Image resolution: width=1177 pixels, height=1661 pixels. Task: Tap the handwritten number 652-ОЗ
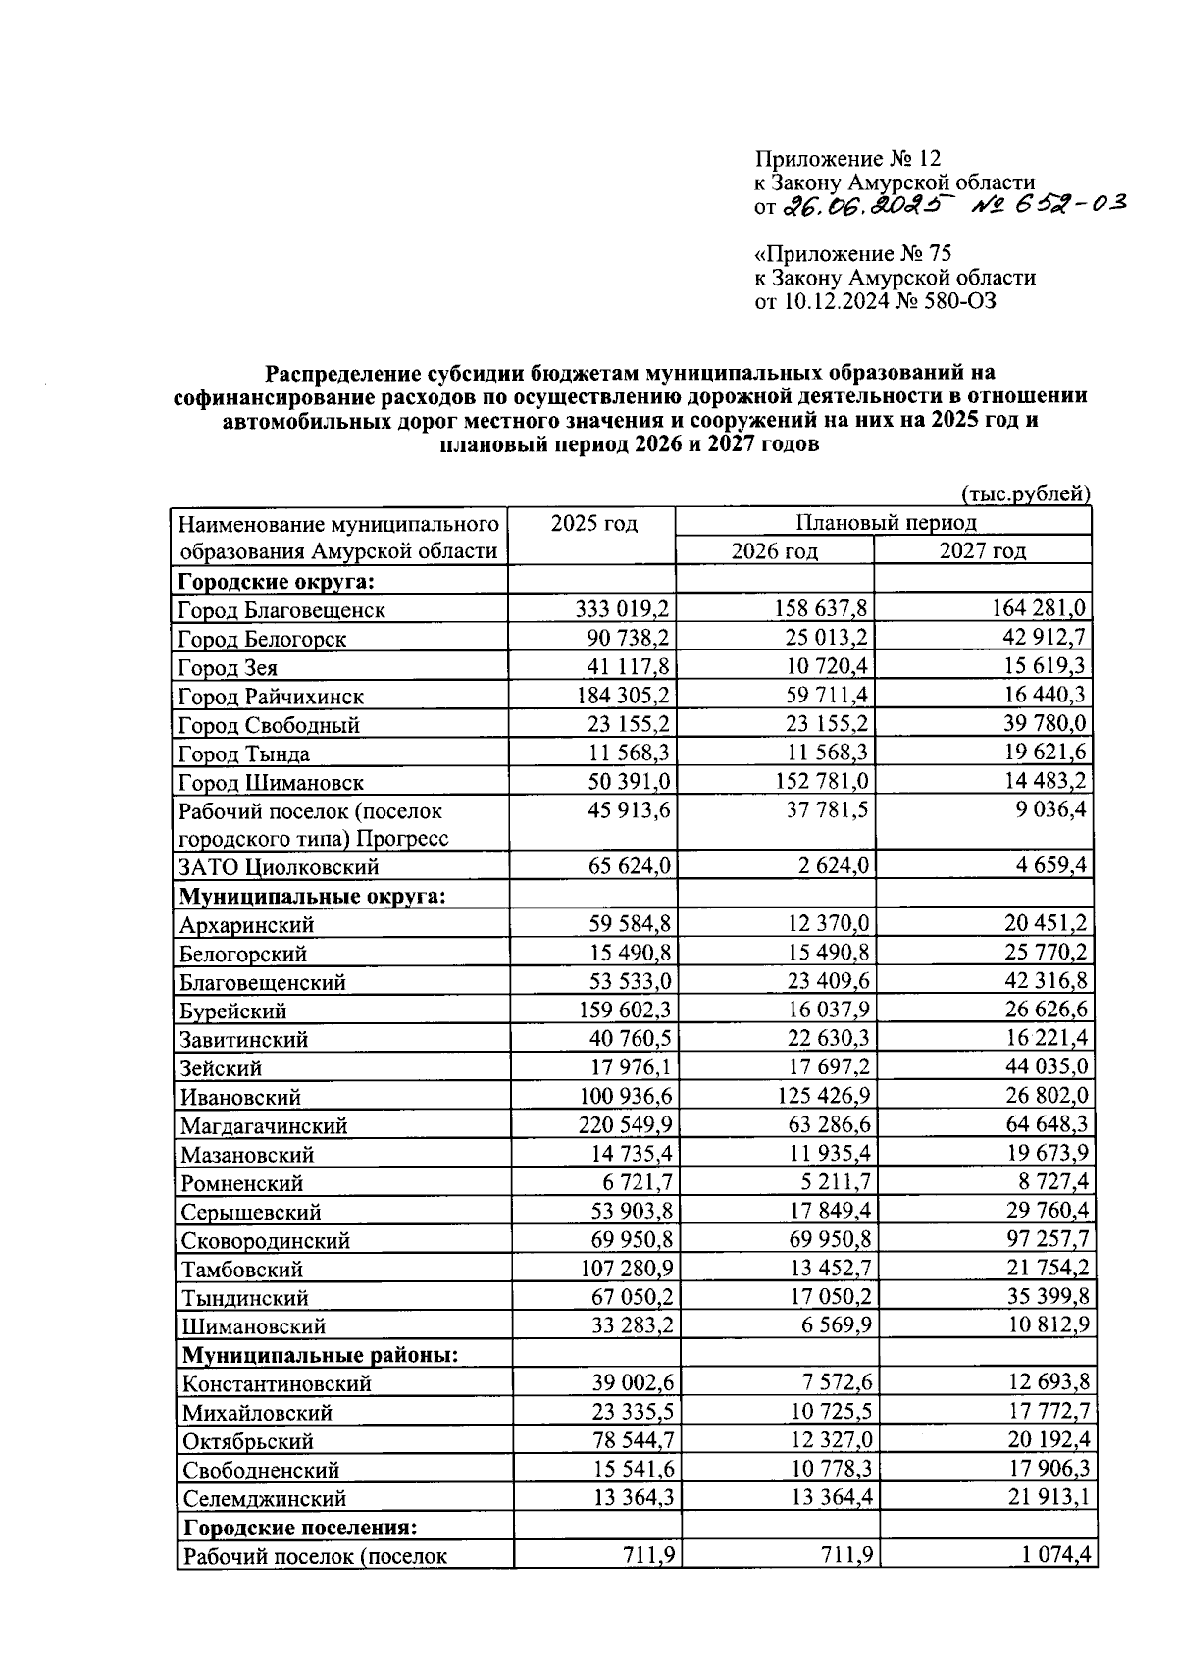[1049, 203]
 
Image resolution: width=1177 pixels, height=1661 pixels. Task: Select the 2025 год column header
[593, 522]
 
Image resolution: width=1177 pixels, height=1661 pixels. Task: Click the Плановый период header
[885, 522]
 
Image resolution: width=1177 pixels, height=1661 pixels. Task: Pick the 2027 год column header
[983, 550]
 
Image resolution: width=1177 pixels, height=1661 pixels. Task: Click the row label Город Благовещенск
[281, 610]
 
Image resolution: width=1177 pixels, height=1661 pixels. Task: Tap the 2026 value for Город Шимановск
[820, 782]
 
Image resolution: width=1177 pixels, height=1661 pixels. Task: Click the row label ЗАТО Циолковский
[278, 867]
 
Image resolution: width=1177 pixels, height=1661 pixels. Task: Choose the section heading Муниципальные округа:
[311, 896]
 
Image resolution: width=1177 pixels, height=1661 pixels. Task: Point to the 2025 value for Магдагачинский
[624, 1125]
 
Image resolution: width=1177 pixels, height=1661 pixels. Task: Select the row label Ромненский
[241, 1183]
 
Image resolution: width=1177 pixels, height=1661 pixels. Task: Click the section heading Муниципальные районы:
[321, 1355]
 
